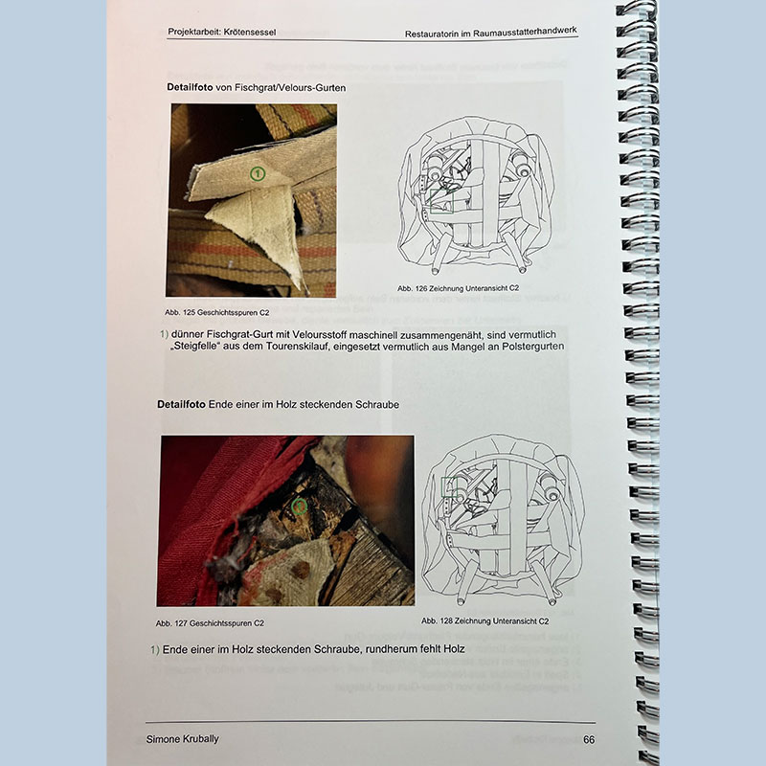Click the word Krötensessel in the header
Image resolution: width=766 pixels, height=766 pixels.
coord(251,33)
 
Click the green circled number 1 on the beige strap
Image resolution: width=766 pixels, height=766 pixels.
coord(258,173)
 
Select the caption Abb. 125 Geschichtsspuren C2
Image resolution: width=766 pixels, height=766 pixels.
coord(217,312)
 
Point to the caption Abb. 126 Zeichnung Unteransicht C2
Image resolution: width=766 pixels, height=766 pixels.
coord(459,288)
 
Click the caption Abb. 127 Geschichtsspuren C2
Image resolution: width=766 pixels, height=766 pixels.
coord(210,623)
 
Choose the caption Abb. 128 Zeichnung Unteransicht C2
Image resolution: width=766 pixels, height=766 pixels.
coord(485,620)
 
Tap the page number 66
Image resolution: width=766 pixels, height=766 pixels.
coord(589,739)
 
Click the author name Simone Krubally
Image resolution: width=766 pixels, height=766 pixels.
coord(182,739)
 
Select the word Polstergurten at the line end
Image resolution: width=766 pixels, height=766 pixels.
coord(534,347)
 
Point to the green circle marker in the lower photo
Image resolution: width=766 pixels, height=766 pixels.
coord(299,507)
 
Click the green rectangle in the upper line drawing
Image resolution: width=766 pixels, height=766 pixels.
coord(441,201)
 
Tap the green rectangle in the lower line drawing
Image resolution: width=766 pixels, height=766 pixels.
coord(449,487)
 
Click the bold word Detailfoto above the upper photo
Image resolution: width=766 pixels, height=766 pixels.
coord(190,87)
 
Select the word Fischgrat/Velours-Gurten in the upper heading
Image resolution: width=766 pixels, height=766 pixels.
coord(290,88)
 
